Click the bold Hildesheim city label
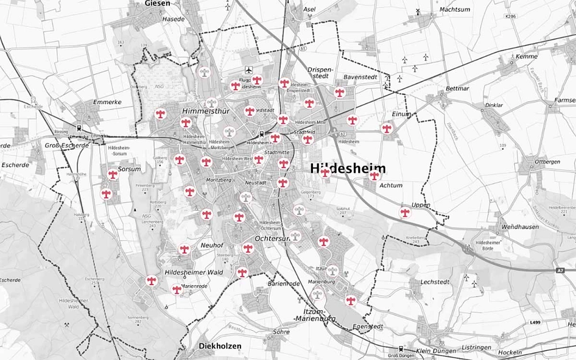[x=348, y=169]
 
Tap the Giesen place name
[x=158, y=4]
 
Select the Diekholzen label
[x=220, y=346]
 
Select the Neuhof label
[x=212, y=245]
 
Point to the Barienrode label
[x=284, y=284]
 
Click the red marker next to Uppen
[x=405, y=213]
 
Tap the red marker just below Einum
[x=387, y=129]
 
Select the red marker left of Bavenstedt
[x=339, y=93]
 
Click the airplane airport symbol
[x=248, y=70]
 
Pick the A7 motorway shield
[x=560, y=270]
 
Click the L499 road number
[x=535, y=322]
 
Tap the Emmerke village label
[x=104, y=102]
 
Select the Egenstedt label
[x=368, y=327]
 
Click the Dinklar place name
[x=494, y=105]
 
